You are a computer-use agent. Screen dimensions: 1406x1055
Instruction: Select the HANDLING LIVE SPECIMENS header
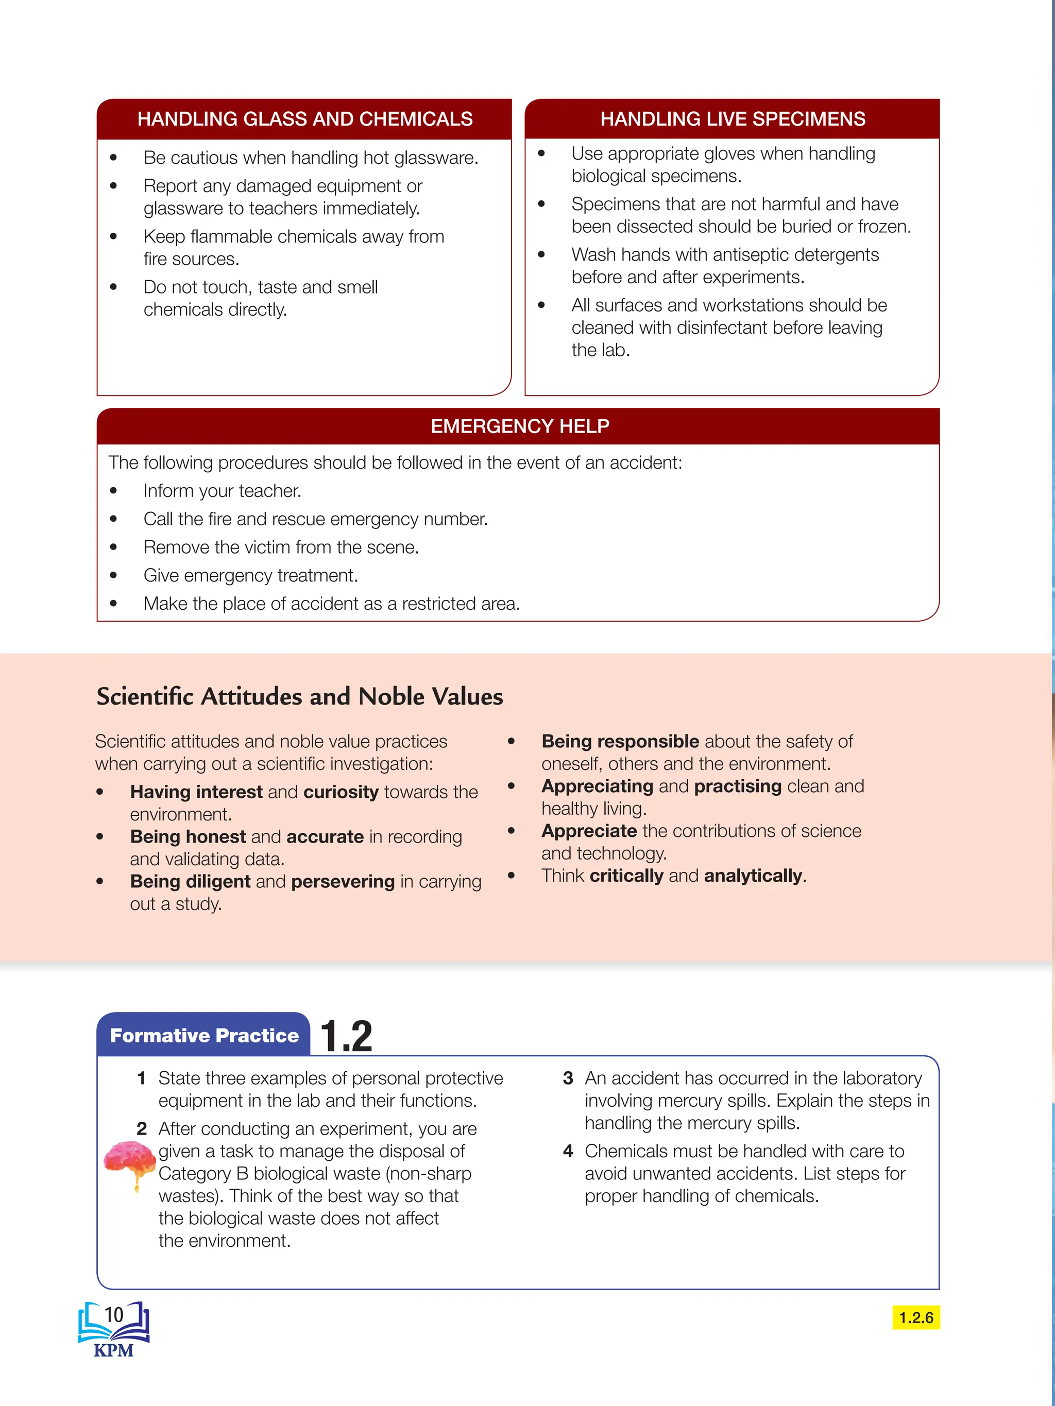733,119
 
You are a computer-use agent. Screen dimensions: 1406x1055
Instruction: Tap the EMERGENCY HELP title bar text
520,426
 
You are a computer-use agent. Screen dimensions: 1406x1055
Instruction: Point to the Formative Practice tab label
204,1035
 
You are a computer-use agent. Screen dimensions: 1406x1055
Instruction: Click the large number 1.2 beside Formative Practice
346,1037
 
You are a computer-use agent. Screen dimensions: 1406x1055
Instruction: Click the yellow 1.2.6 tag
916,1317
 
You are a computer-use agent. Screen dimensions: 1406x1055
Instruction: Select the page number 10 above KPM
114,1314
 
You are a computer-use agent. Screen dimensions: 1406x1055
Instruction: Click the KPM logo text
114,1350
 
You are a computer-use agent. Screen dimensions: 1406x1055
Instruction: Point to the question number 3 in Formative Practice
568,1078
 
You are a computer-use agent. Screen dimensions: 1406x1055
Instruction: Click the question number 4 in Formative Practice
568,1151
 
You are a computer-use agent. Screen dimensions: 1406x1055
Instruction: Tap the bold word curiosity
341,792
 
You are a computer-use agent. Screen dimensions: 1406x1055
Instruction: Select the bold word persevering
343,882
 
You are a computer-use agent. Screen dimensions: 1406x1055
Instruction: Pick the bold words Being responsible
620,741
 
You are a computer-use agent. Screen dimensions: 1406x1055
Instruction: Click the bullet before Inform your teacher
114,491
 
